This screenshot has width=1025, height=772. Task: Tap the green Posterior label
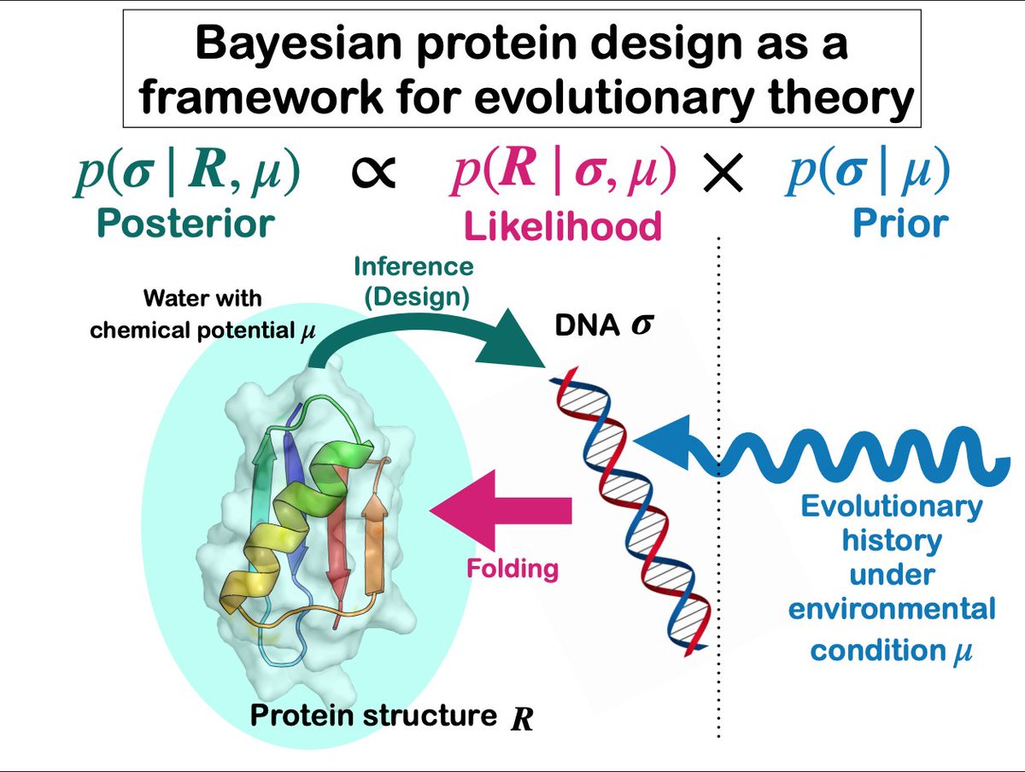[185, 222]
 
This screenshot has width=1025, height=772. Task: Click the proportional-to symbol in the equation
[373, 173]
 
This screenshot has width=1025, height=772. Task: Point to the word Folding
[512, 567]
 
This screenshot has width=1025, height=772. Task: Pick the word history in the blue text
[892, 540]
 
